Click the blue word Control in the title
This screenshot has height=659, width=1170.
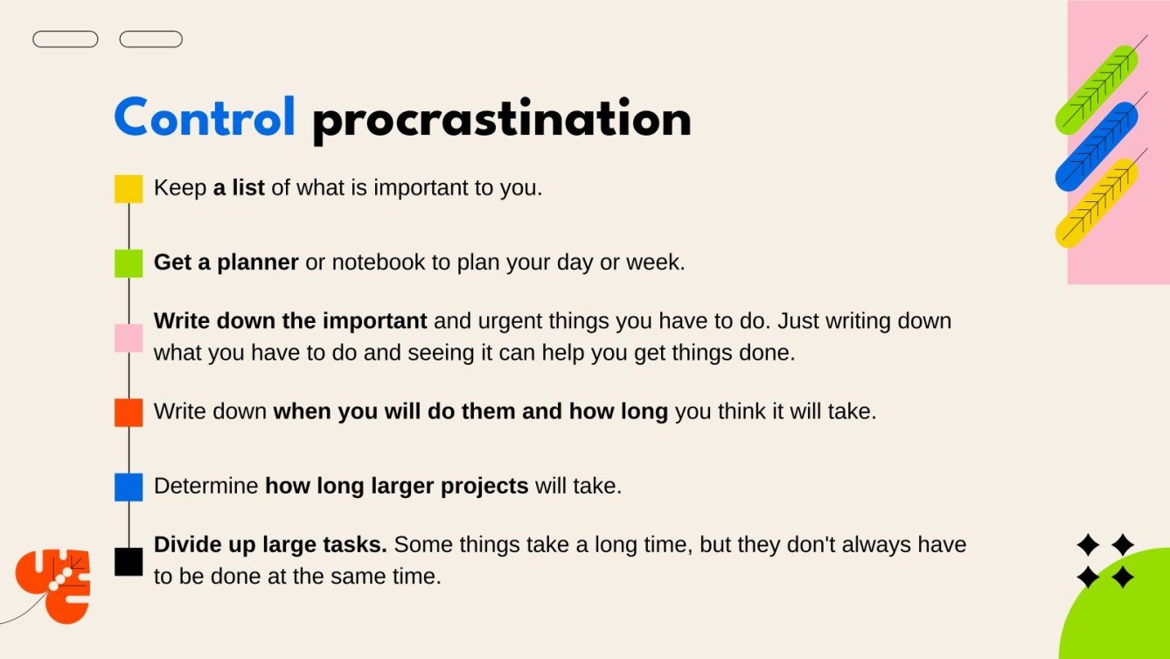[x=205, y=118]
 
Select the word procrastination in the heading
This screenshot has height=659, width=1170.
[x=501, y=121]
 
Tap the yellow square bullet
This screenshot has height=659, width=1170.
[x=129, y=189]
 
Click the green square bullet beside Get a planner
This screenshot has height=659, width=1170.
[x=129, y=263]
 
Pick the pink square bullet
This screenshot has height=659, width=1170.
[x=129, y=338]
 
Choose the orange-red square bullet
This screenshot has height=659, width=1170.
[x=129, y=412]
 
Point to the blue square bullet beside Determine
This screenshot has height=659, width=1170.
[x=129, y=487]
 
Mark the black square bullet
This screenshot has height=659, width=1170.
[x=129, y=561]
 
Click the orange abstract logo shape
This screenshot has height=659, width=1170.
[x=54, y=585]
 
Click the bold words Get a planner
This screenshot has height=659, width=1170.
[x=226, y=263]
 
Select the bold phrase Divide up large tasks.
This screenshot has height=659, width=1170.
[x=270, y=545]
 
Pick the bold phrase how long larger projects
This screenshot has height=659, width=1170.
[x=397, y=486]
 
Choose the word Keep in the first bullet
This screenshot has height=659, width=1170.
[x=180, y=188]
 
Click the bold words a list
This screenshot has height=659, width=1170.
[x=239, y=188]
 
